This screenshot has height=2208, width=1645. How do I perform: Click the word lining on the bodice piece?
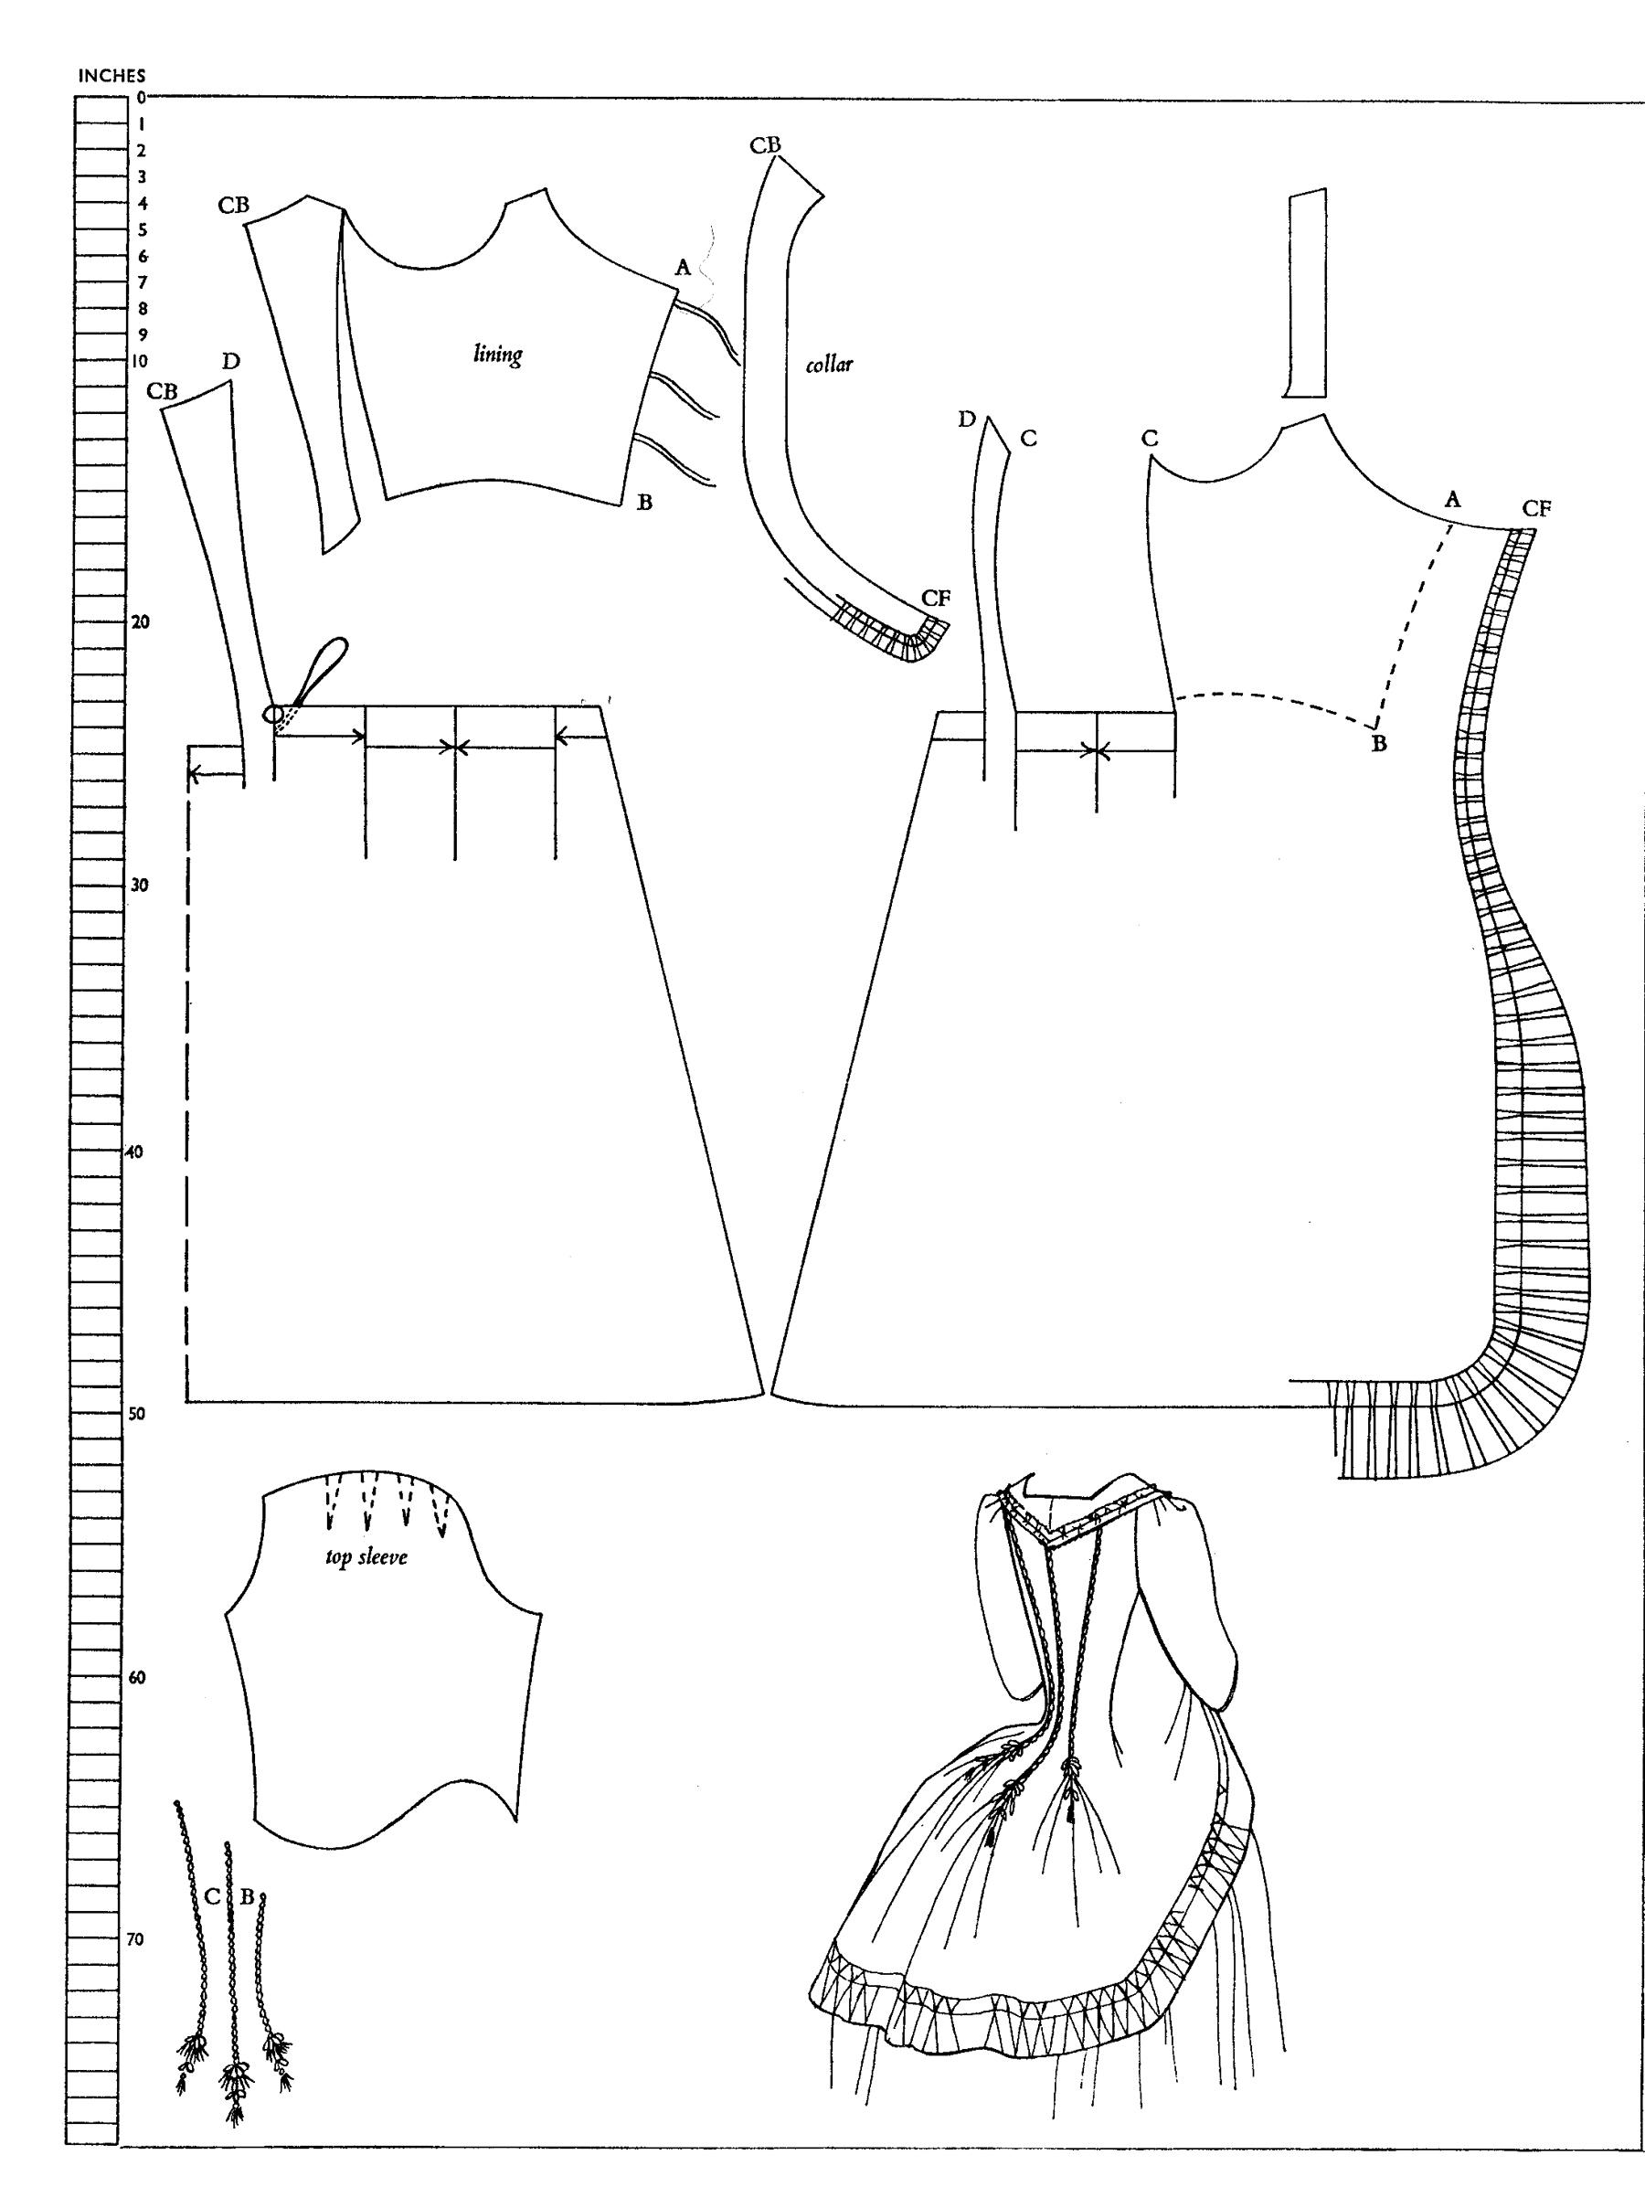(x=498, y=354)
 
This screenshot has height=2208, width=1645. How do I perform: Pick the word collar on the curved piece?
(x=830, y=365)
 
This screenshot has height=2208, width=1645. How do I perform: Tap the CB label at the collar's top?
(x=765, y=145)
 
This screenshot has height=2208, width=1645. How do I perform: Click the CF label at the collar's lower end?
(x=936, y=598)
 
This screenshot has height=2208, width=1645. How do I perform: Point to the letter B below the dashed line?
(x=1379, y=743)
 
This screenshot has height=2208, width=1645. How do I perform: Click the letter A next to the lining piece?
(x=682, y=267)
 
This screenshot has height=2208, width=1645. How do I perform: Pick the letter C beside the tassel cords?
(x=211, y=1896)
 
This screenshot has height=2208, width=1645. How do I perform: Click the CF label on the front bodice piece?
(x=1536, y=509)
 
